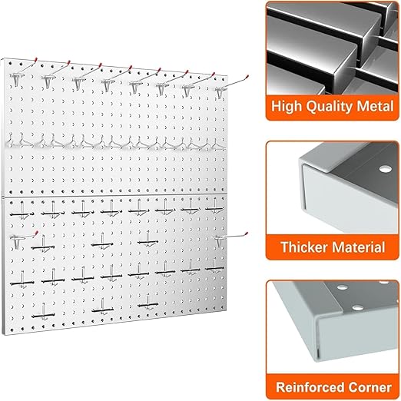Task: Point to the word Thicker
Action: [x=301, y=247]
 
